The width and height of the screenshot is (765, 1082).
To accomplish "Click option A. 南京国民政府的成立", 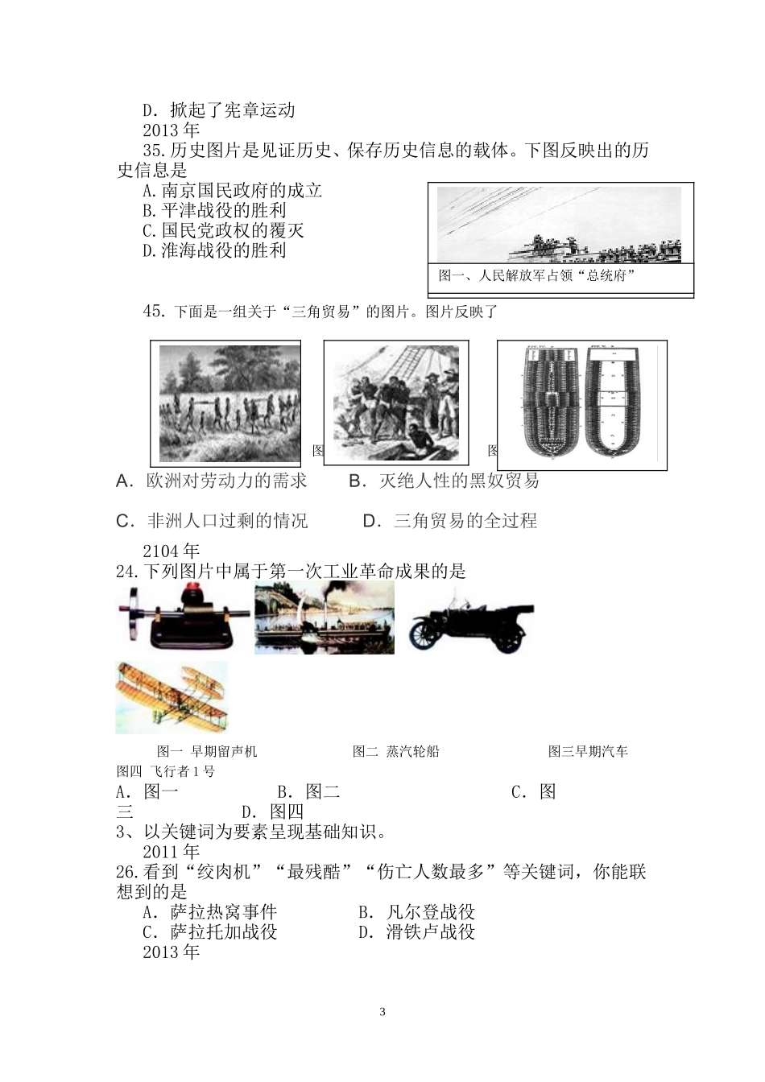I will click(x=232, y=191).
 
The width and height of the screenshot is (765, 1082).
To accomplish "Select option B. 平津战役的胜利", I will click(x=214, y=211).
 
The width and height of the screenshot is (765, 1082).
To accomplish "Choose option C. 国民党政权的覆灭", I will click(x=223, y=231).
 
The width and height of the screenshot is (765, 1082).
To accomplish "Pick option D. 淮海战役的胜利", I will click(x=214, y=251).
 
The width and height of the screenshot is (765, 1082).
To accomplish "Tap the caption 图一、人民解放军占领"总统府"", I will click(x=538, y=276).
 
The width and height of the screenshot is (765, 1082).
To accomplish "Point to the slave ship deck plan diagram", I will click(x=581, y=405).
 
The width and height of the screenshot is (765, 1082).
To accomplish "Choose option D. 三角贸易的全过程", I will click(x=450, y=522).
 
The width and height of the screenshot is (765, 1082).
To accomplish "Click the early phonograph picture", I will click(x=182, y=617).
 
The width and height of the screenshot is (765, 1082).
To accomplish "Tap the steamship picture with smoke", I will click(x=325, y=617).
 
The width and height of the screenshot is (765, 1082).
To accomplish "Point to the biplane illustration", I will click(x=172, y=697).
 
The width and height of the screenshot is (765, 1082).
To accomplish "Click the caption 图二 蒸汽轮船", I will click(x=396, y=752).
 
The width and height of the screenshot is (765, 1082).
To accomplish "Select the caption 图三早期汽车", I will click(x=588, y=752).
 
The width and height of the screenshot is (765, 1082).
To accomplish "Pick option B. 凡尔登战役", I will click(x=417, y=913).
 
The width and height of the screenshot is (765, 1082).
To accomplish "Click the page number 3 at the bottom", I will click(x=382, y=1012).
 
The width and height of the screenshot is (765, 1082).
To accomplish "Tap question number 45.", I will click(x=153, y=312).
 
